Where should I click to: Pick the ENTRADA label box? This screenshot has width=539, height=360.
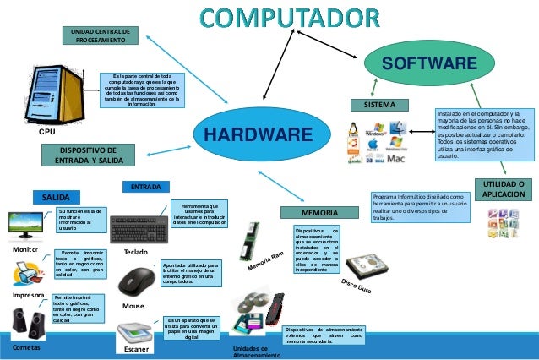(x=147, y=186)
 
